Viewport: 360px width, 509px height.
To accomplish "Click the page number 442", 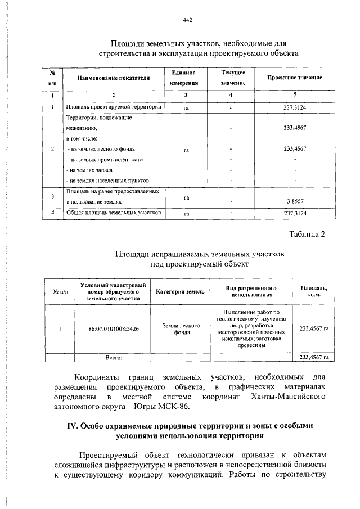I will [x=188, y=20].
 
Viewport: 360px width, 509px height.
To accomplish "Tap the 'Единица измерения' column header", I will [x=184, y=78].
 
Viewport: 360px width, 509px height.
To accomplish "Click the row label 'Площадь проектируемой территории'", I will [x=114, y=106].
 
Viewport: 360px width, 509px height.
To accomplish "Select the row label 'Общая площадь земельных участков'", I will [x=114, y=213].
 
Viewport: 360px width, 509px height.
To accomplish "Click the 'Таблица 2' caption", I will [x=307, y=234].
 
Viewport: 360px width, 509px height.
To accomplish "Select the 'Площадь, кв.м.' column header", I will [x=314, y=291].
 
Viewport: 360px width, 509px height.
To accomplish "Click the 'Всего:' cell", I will [x=114, y=357].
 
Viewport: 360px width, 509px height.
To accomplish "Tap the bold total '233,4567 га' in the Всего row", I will [x=314, y=357].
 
